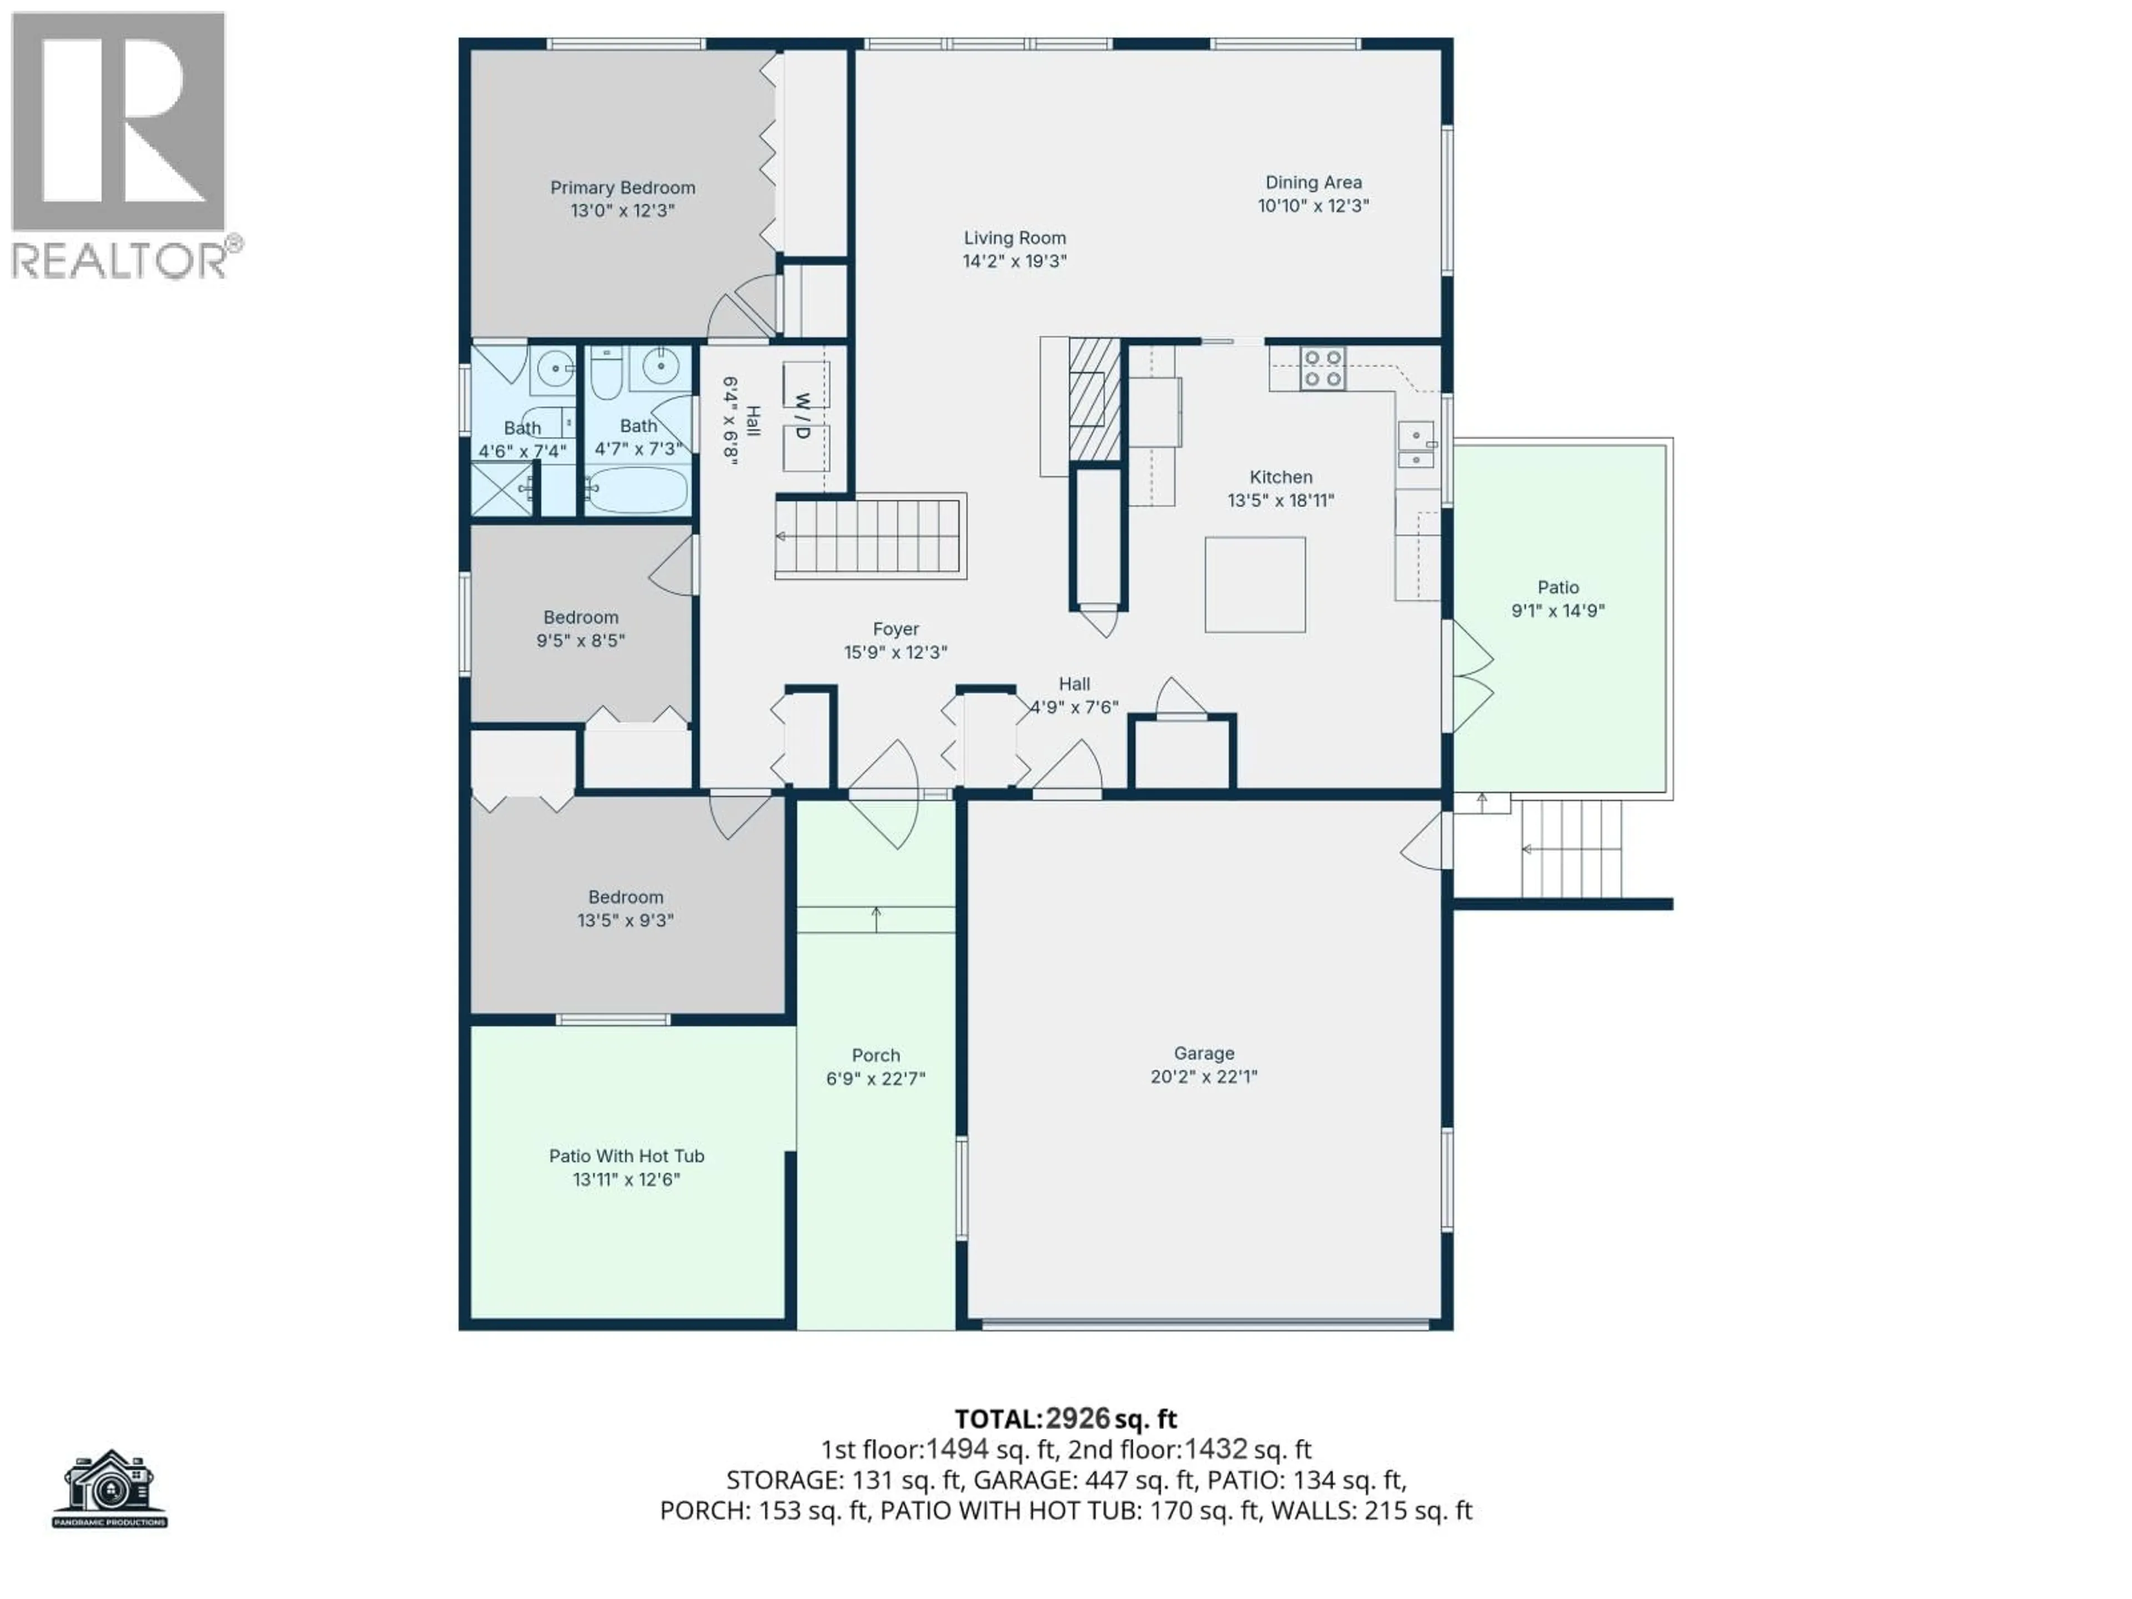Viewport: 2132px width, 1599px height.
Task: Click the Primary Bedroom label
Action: tap(622, 188)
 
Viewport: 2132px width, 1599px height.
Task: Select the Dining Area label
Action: tap(1313, 182)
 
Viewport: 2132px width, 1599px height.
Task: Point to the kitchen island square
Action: tap(1255, 585)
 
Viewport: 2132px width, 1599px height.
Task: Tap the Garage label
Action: tap(1203, 1053)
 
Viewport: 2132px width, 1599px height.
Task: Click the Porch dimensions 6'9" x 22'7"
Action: tap(875, 1079)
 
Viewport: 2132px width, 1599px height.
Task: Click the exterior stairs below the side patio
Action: tap(1571, 849)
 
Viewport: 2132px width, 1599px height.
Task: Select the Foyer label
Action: tap(896, 630)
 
